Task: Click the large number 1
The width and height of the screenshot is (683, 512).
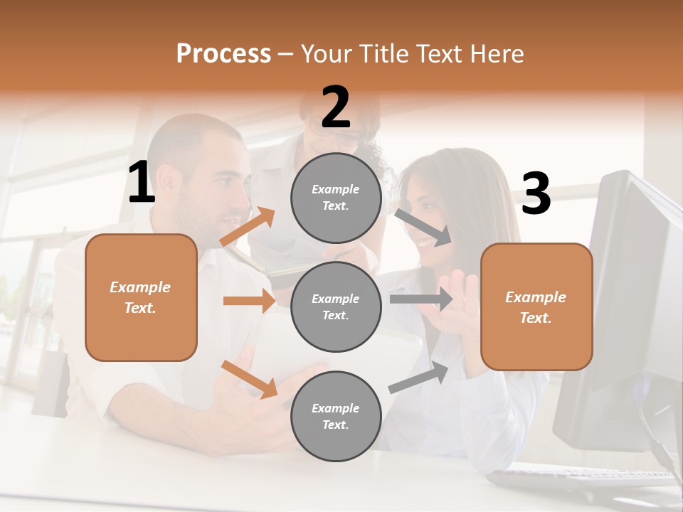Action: pos(142,183)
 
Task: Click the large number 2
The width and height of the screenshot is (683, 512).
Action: pos(336,107)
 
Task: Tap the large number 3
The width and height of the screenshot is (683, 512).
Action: pos(536,194)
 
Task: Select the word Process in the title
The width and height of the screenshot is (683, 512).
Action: pos(223,53)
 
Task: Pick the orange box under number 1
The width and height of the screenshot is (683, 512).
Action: pos(141,297)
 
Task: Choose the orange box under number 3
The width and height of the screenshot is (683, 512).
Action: pos(536,306)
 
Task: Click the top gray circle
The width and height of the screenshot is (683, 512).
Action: pos(336,198)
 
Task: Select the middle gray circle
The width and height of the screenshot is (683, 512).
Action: pos(336,306)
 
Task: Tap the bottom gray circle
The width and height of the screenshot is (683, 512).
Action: pos(336,416)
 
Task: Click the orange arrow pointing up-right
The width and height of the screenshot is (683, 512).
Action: pos(248,227)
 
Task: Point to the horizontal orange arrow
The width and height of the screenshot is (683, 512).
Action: pos(250,301)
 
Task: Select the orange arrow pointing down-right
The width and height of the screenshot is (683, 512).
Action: pos(250,379)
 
